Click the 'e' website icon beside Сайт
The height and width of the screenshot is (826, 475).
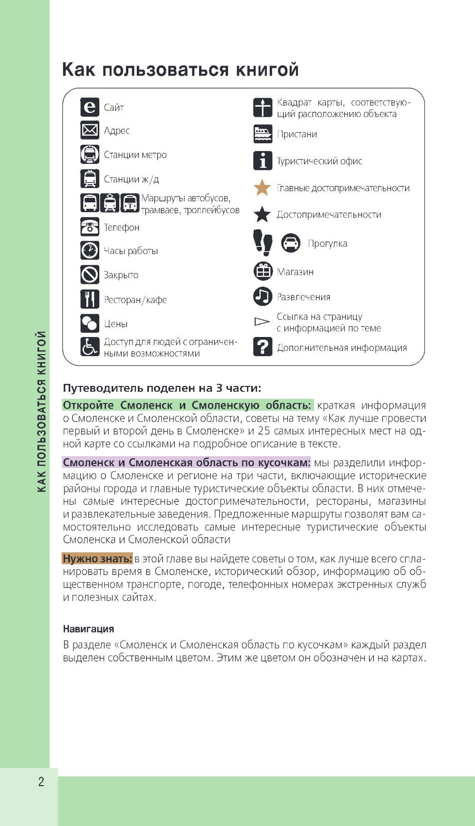click(89, 107)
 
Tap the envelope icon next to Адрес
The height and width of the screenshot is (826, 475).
click(89, 130)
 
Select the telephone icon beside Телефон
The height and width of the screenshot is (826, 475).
click(89, 227)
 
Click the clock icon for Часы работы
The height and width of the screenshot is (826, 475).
click(89, 250)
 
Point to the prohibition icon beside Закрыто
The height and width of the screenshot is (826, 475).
click(89, 274)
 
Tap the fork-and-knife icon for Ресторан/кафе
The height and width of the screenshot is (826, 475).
click(89, 299)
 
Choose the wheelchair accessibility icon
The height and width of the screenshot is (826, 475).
click(89, 347)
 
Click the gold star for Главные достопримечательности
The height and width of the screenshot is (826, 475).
click(262, 188)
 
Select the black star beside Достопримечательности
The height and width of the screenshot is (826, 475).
click(262, 215)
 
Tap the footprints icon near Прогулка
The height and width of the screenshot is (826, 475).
click(262, 243)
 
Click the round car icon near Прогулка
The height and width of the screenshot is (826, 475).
click(291, 243)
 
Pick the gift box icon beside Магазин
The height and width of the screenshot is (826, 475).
click(262, 272)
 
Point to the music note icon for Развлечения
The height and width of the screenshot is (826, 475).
click(262, 297)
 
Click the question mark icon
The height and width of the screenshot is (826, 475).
click(262, 347)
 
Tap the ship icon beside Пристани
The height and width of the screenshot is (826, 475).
click(262, 134)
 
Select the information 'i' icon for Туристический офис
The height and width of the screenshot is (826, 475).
click(262, 161)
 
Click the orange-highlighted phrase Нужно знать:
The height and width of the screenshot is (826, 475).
click(97, 559)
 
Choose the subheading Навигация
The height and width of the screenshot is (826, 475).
click(88, 629)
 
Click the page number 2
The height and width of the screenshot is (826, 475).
click(41, 782)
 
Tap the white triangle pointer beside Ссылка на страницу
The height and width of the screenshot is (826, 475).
click(262, 322)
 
